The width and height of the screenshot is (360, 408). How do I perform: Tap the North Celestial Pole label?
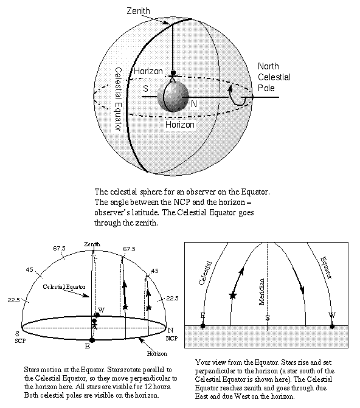(x=274, y=77)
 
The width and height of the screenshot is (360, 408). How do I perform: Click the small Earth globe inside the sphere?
(x=173, y=96)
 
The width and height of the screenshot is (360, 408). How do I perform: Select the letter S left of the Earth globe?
(x=145, y=89)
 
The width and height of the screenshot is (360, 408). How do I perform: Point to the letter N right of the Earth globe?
(x=194, y=104)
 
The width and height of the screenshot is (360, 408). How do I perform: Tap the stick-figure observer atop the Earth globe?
(x=173, y=77)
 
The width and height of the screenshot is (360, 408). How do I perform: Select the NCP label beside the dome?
(x=173, y=337)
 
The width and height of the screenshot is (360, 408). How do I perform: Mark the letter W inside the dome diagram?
(x=101, y=310)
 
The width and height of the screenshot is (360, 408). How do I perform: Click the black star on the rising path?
(x=232, y=296)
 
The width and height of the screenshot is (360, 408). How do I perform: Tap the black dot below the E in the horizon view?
(x=203, y=326)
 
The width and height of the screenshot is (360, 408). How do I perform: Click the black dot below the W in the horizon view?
(x=332, y=326)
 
